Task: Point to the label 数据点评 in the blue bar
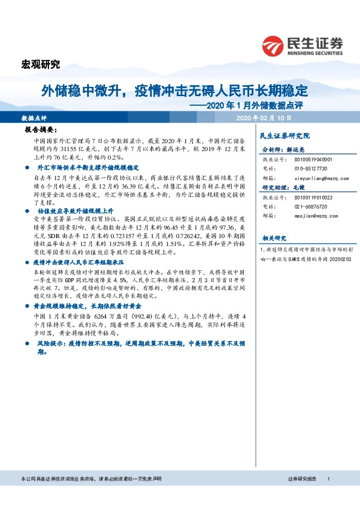click(x=34, y=117)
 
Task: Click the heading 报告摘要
click(x=41, y=129)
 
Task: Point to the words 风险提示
click(x=50, y=342)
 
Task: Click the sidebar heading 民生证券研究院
click(x=284, y=136)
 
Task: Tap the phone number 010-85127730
click(x=310, y=168)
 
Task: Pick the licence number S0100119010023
click(x=313, y=197)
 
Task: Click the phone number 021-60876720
click(x=310, y=207)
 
